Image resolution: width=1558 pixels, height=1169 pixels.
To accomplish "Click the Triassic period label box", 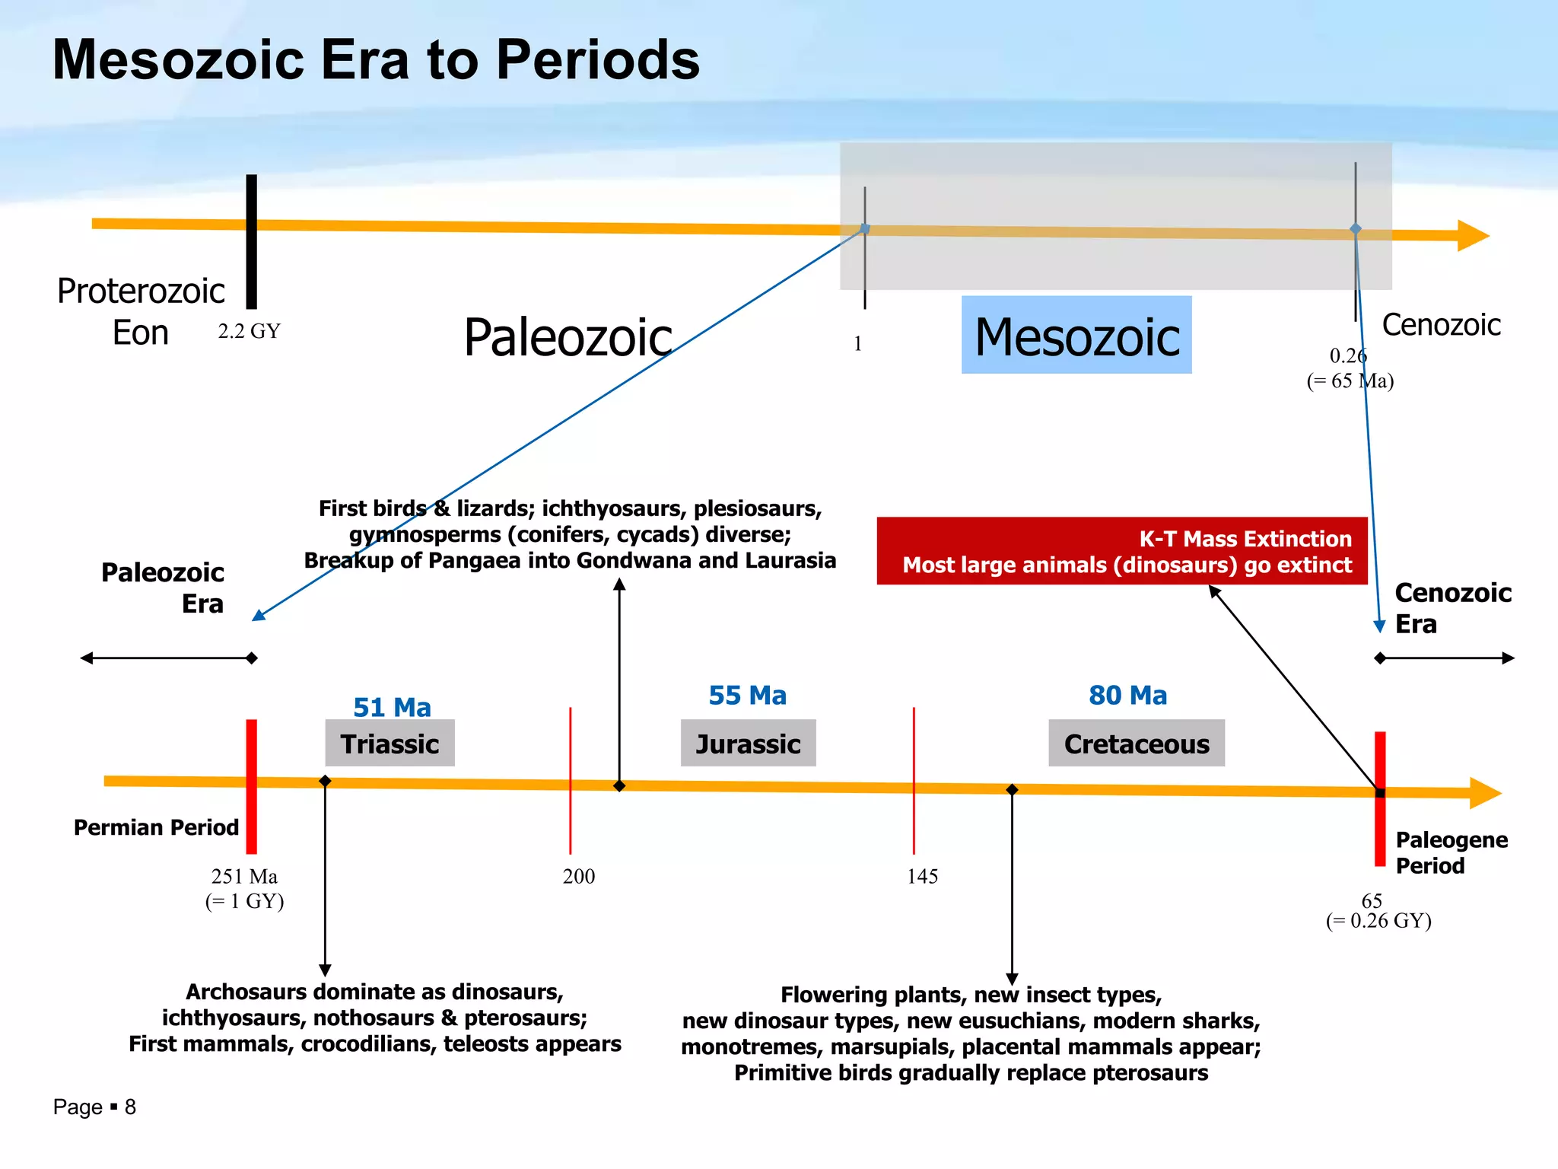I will click(389, 744).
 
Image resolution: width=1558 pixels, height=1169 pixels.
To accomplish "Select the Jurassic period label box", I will click(748, 744).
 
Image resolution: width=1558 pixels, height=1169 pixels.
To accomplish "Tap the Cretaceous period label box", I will click(1137, 744).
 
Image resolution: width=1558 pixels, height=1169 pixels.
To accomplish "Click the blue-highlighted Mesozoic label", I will click(1076, 336).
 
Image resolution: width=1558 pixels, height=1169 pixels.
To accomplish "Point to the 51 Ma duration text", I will click(392, 707).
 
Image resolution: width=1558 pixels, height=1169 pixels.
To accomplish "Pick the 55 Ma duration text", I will click(748, 695).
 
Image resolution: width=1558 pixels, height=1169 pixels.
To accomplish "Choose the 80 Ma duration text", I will click(1127, 695).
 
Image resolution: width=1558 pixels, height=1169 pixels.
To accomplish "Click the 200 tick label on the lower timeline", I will click(579, 876).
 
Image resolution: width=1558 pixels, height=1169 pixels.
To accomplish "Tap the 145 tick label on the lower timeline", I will click(922, 876).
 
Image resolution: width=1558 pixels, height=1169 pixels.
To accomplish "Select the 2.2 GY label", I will click(249, 331).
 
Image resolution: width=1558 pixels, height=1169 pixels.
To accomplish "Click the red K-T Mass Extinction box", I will click(1122, 551).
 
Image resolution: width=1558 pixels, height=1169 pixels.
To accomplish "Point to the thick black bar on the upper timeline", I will click(252, 241).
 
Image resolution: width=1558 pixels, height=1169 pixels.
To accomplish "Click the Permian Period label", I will click(156, 827).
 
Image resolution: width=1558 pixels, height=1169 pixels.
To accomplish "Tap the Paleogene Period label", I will click(1451, 852).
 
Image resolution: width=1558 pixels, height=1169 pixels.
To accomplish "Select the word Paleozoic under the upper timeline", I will click(568, 337).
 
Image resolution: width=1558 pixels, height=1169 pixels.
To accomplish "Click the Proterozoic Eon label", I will click(141, 311).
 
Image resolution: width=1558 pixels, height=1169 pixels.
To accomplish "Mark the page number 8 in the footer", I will click(130, 1107).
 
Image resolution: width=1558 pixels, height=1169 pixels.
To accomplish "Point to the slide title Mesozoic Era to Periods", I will click(376, 59).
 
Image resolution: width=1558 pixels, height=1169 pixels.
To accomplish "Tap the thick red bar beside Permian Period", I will click(252, 786).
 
